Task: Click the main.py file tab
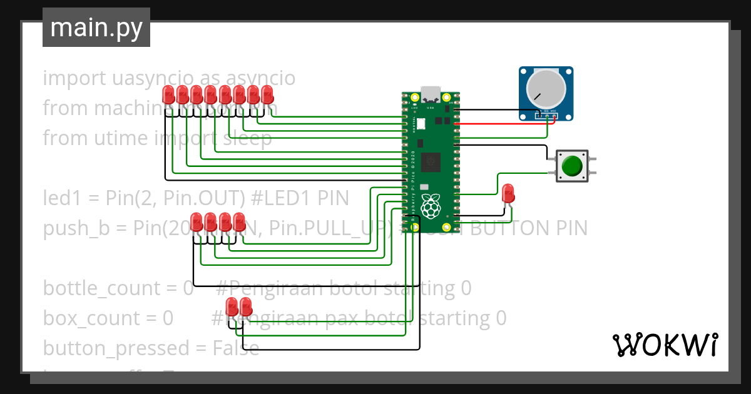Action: point(96,28)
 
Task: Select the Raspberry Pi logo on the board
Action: point(430,206)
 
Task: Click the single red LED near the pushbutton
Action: point(508,193)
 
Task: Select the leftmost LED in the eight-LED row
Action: point(168,95)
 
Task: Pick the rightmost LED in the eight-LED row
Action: point(267,95)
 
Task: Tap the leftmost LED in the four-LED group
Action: point(196,221)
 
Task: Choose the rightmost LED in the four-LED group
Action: point(239,221)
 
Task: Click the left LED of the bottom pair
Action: point(232,306)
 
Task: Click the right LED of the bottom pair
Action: point(246,306)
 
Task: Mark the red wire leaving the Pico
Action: point(501,124)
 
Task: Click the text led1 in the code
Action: point(60,198)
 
